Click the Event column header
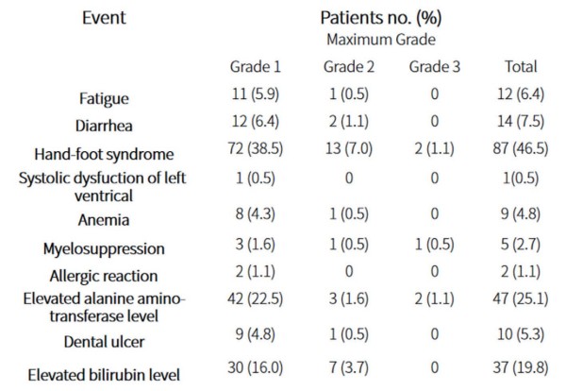[x=104, y=18]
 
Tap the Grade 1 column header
[x=256, y=67]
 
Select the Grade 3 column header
[x=435, y=67]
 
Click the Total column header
[x=521, y=67]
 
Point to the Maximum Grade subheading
[x=381, y=40]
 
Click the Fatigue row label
[x=104, y=98]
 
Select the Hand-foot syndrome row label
[x=104, y=154]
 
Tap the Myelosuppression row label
[x=104, y=249]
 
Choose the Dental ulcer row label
[x=104, y=342]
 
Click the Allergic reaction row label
[x=104, y=276]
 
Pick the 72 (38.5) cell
[x=256, y=148]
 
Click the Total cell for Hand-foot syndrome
[x=521, y=148]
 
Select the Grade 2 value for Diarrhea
[x=349, y=121]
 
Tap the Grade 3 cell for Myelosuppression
[x=435, y=245]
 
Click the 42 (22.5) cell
[x=256, y=298]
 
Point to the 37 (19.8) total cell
[x=521, y=368]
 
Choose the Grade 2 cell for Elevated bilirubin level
[x=349, y=368]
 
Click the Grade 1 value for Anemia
[x=256, y=214]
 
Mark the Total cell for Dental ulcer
[x=521, y=334]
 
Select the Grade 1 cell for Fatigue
[x=256, y=93]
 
